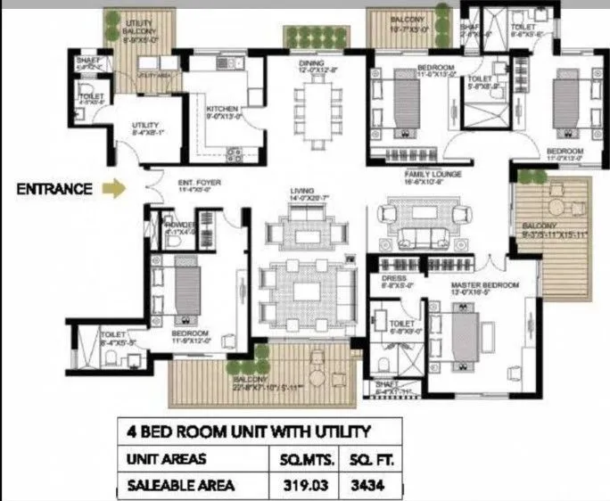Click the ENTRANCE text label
[54, 188]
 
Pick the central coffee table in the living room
[307, 292]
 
